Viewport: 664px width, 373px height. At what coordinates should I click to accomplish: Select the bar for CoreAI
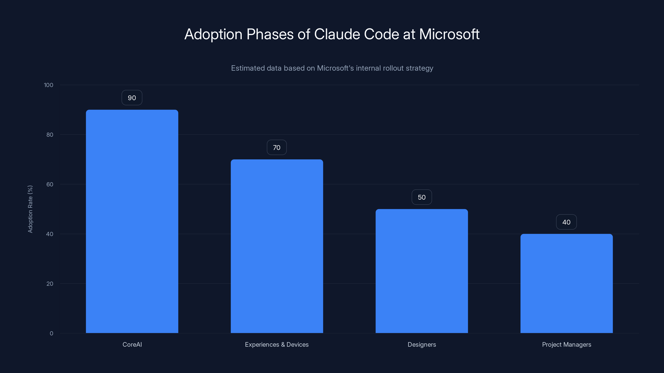tap(132, 221)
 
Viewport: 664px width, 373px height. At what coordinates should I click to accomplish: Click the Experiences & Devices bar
tap(277, 246)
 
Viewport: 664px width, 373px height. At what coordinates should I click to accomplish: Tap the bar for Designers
tap(422, 271)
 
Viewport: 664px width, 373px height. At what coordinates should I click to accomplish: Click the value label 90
tap(132, 98)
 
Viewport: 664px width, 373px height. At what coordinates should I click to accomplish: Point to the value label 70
tap(277, 148)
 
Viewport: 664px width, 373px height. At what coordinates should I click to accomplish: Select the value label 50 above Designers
tap(422, 197)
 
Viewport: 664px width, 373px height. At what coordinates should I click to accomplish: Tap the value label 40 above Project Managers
tap(566, 222)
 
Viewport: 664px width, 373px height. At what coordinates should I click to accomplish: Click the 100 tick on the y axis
tap(49, 85)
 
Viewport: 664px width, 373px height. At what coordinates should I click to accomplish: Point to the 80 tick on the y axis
tap(50, 135)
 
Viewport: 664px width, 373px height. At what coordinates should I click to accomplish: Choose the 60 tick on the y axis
tap(50, 184)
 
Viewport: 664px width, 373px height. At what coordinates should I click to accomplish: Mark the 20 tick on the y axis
tap(50, 284)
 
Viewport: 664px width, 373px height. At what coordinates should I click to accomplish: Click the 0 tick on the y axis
tap(51, 333)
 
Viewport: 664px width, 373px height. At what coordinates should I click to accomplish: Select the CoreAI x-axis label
tap(132, 344)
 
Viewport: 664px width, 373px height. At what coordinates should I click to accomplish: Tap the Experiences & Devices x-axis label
tap(277, 344)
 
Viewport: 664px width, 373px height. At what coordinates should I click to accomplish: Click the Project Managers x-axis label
tap(566, 344)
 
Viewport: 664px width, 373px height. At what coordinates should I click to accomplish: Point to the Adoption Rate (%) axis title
tap(30, 209)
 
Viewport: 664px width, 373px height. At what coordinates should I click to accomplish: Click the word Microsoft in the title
tap(449, 34)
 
